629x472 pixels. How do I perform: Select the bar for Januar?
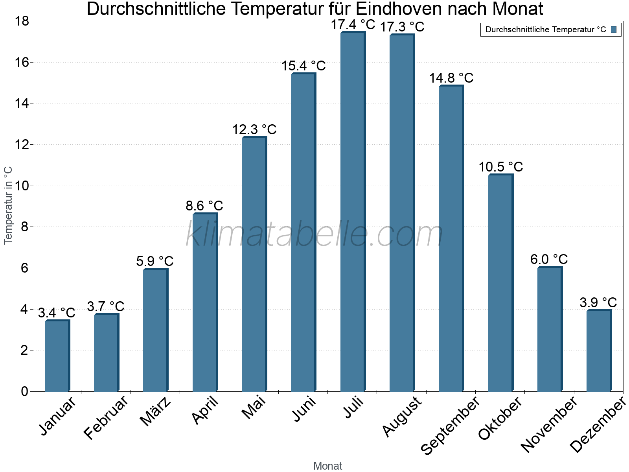(x=57, y=356)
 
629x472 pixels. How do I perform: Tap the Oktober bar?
(x=500, y=283)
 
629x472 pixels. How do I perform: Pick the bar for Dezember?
(x=599, y=351)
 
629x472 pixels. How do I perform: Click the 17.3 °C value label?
(x=402, y=27)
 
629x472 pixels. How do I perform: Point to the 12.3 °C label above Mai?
(x=254, y=129)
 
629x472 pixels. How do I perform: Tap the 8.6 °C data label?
(x=204, y=206)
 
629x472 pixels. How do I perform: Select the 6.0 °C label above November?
(x=549, y=260)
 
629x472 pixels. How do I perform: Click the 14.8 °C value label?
(x=451, y=78)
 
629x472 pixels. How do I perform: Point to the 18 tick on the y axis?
(x=22, y=21)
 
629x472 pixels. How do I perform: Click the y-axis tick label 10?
(x=22, y=186)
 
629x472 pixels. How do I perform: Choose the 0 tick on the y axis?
(x=25, y=391)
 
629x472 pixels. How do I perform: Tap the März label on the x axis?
(x=156, y=411)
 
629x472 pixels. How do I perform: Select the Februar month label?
(x=106, y=417)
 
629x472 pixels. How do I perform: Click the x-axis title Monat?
(x=327, y=466)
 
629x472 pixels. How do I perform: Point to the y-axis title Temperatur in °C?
(x=8, y=205)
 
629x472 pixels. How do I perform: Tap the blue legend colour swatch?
(x=614, y=29)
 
